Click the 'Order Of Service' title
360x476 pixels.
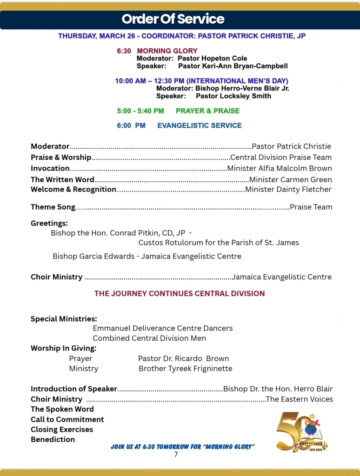[173, 19]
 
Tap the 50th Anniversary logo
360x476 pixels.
[302, 431]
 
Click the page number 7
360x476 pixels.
[176, 455]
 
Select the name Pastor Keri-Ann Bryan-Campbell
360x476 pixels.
[233, 66]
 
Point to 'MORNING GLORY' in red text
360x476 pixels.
[167, 51]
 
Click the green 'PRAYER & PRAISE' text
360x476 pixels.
[207, 111]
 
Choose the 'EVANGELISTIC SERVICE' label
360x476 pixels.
[200, 126]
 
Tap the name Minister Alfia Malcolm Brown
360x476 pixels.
[279, 168]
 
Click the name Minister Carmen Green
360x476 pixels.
[290, 179]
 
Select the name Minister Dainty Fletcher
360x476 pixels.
[288, 189]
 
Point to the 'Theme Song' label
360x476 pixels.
[53, 207]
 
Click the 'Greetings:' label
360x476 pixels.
[49, 223]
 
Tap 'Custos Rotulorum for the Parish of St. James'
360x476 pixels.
[219, 243]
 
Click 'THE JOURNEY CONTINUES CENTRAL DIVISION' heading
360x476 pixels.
[180, 293]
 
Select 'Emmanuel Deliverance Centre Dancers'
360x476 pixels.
[162, 328]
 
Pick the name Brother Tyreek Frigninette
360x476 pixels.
[185, 369]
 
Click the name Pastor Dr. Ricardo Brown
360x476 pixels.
[183, 358]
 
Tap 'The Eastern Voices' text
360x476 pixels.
[299, 399]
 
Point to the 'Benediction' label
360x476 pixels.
[53, 439]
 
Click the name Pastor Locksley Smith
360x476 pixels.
[233, 96]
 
